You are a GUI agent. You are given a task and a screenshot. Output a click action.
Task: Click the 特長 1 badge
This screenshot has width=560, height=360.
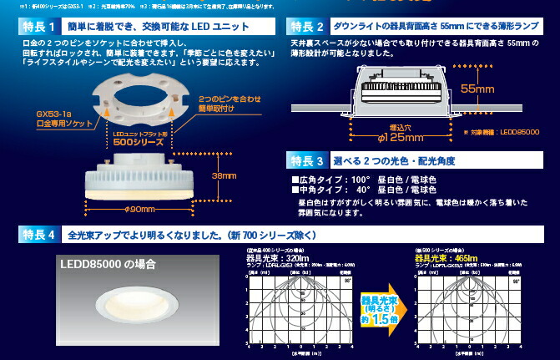coord(37,27)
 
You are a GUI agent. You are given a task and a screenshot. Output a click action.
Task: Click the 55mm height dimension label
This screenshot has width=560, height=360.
coord(482,88)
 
